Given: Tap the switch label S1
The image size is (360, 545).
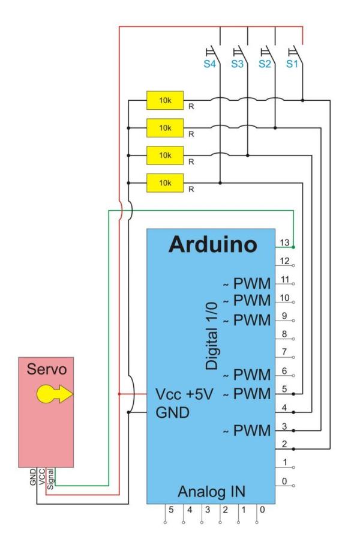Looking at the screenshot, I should [292, 65].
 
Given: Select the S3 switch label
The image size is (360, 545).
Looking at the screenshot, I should [237, 65].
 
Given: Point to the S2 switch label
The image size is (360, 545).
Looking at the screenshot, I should [265, 65].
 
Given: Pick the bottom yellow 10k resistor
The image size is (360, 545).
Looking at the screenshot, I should [165, 182].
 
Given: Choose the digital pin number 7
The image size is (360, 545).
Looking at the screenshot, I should [285, 351].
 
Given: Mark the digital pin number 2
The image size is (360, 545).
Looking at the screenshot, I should [285, 444].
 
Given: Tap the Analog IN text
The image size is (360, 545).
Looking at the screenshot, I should [212, 492].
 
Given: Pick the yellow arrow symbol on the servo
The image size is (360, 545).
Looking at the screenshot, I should [53, 394].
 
